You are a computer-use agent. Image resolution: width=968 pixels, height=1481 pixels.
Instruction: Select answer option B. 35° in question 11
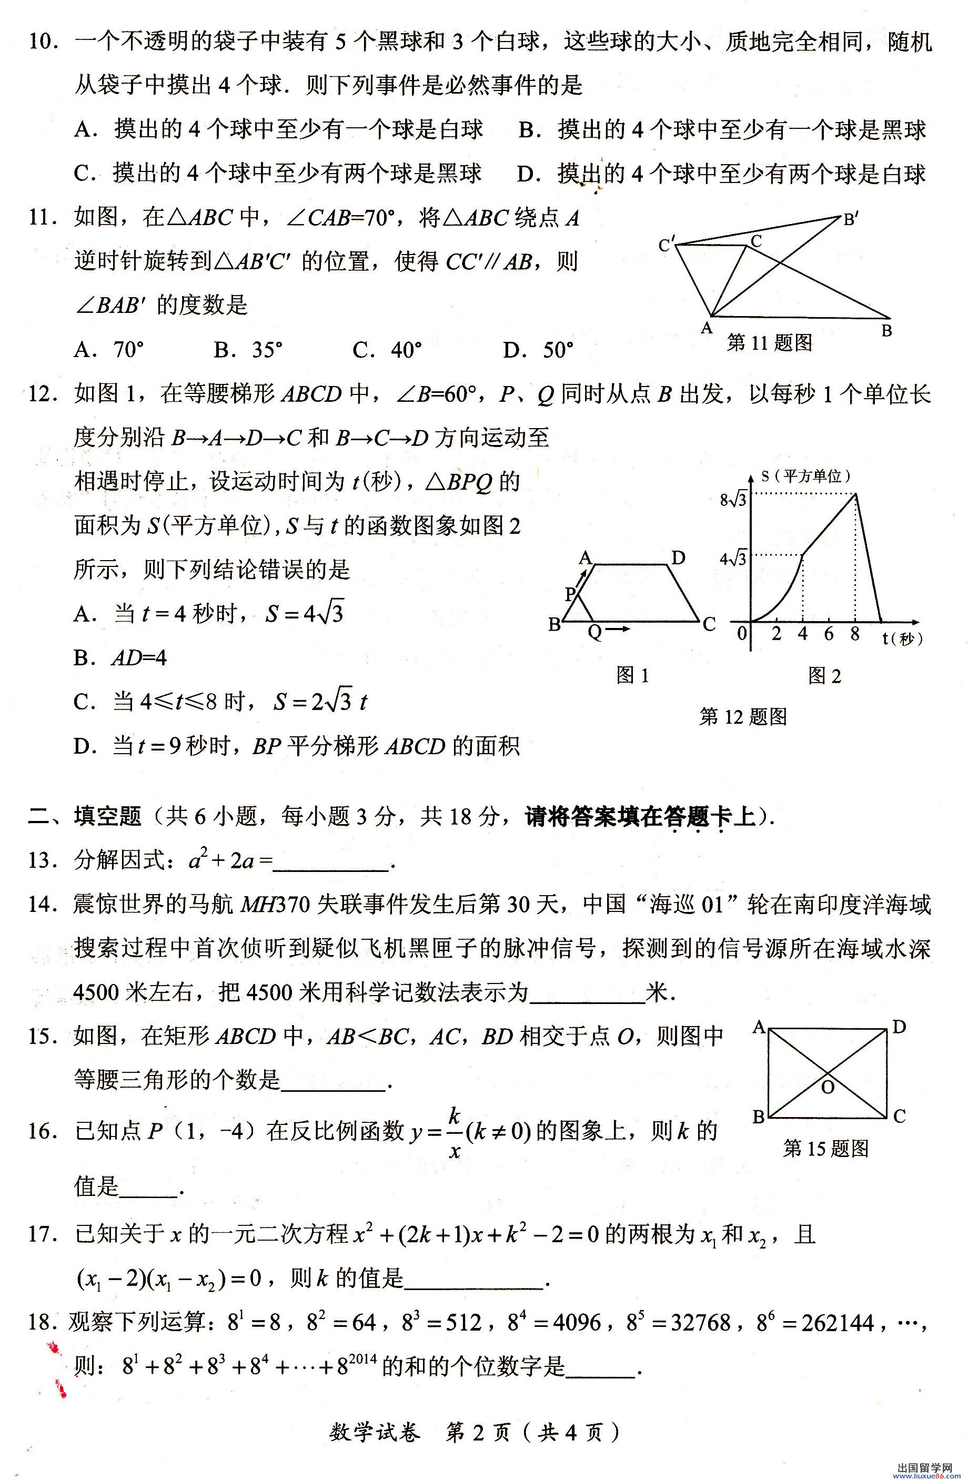(x=247, y=350)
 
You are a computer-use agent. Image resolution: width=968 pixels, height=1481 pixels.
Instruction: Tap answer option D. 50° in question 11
(x=538, y=350)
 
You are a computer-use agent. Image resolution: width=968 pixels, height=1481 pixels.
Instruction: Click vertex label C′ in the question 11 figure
(x=667, y=245)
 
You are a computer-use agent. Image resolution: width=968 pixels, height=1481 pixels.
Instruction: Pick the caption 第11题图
(x=770, y=342)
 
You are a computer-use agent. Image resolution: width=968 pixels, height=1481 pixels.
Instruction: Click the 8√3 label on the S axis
(x=733, y=499)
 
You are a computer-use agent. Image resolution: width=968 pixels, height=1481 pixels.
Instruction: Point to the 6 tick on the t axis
(x=829, y=634)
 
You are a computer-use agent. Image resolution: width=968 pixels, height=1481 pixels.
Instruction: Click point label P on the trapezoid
(x=570, y=594)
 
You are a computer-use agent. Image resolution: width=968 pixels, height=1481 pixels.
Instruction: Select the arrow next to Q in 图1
(x=618, y=630)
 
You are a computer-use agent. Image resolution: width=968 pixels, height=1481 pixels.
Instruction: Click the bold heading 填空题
(x=107, y=816)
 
